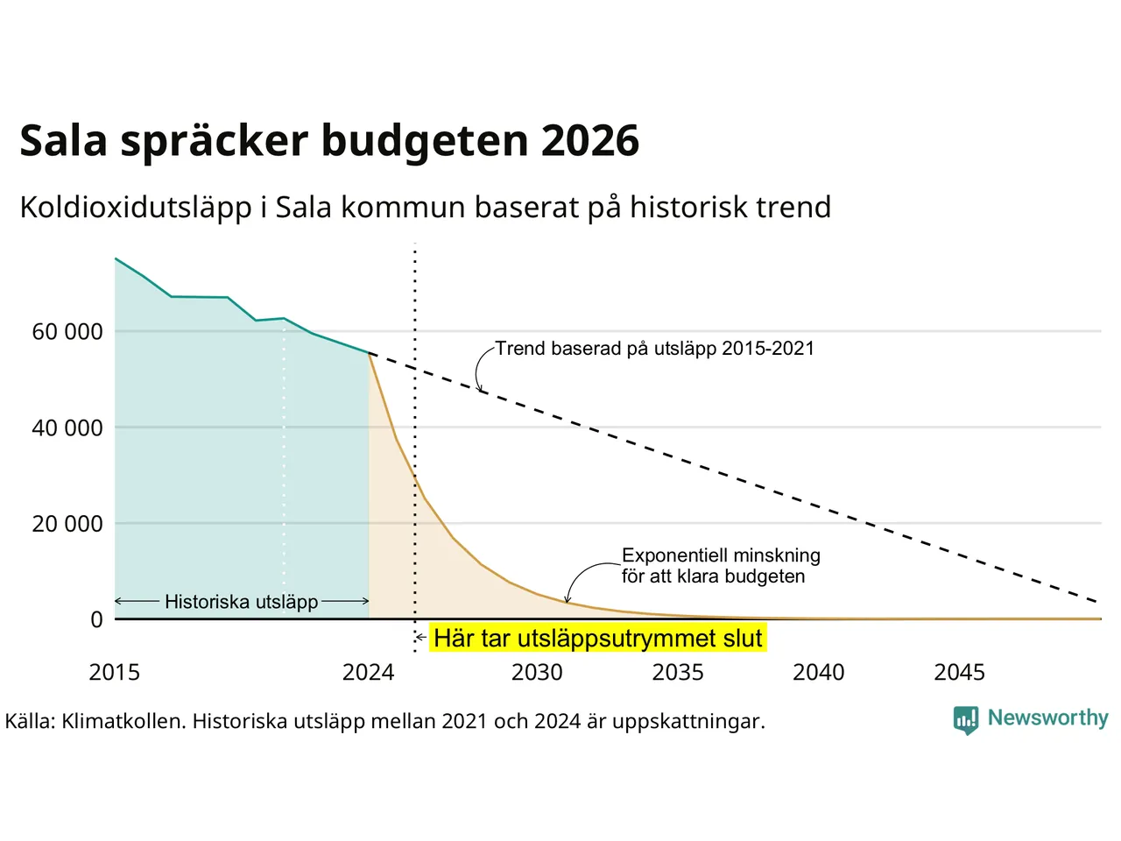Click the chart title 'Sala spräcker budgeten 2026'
point(329,141)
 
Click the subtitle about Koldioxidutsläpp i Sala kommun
point(426,208)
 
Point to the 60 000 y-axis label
point(67,332)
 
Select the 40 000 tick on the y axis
point(67,428)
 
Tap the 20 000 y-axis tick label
point(67,524)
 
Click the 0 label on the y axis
point(97,619)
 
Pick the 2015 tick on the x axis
point(115,673)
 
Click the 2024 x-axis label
point(368,673)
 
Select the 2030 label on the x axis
point(537,673)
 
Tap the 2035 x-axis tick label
point(678,673)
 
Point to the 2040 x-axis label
point(819,673)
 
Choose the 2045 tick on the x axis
point(960,673)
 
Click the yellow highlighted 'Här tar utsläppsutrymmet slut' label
point(598,639)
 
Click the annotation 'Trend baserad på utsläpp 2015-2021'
point(655,349)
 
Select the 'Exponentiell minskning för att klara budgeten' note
point(721,565)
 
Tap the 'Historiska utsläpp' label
point(242,602)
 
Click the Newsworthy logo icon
point(966,720)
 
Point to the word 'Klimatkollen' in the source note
point(122,722)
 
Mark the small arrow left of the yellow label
point(421,637)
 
